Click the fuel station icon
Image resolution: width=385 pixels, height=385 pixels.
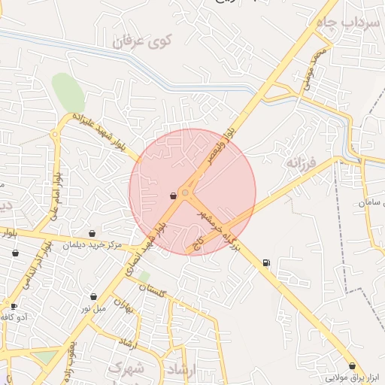click(x=265, y=262)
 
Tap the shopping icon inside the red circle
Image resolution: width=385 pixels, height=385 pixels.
click(x=173, y=196)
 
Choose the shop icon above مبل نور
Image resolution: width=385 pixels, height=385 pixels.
click(x=93, y=297)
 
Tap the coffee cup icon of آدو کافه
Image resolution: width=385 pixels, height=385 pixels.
click(x=14, y=306)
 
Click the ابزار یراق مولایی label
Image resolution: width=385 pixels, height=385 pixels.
click(x=352, y=377)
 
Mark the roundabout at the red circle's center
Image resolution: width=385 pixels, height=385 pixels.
click(x=185, y=192)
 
